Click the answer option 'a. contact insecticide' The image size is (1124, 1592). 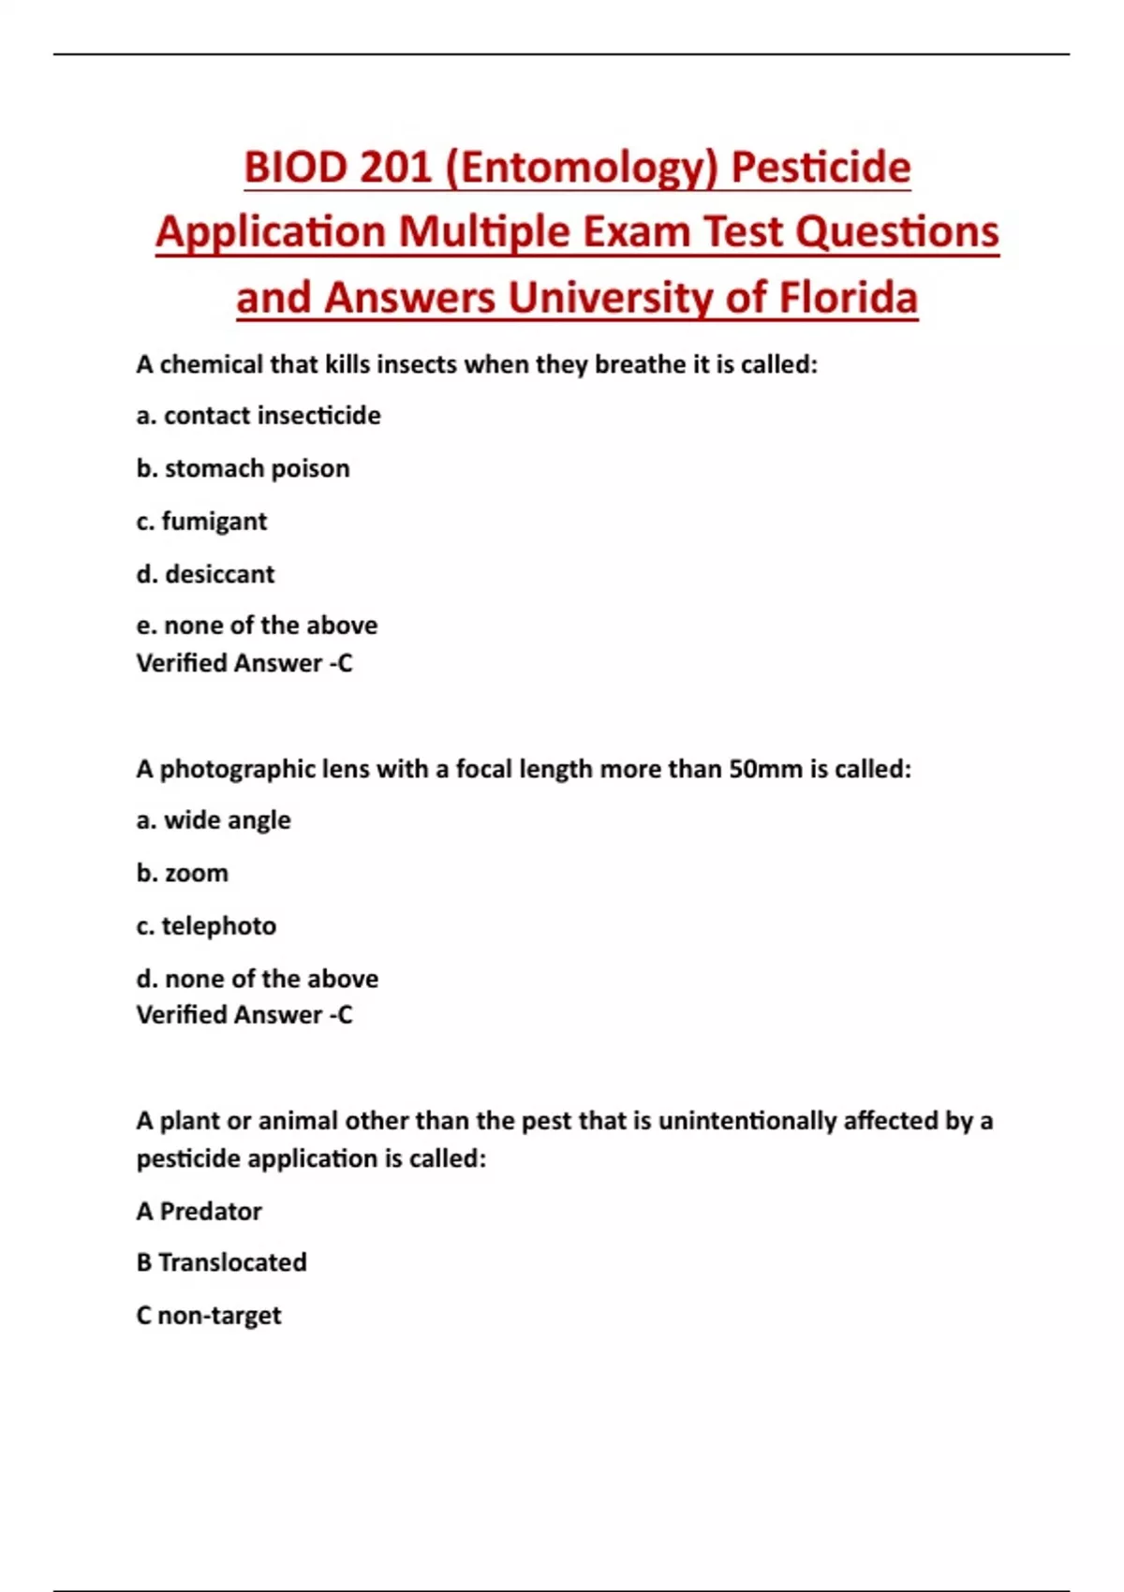point(259,415)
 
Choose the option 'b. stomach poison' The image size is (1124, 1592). point(243,468)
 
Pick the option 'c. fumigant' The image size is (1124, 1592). point(201,521)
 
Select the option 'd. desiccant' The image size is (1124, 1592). point(205,573)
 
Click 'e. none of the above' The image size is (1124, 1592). point(257,625)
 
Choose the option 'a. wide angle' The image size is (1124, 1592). point(214,820)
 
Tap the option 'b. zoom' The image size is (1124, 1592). point(182,873)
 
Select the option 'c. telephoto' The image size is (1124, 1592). point(206,925)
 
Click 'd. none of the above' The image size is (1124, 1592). point(257,979)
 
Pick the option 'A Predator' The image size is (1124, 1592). point(199,1211)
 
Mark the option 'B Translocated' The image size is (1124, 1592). point(221,1262)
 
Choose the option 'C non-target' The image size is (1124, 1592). point(208,1315)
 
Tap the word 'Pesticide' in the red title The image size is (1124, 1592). point(821,169)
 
